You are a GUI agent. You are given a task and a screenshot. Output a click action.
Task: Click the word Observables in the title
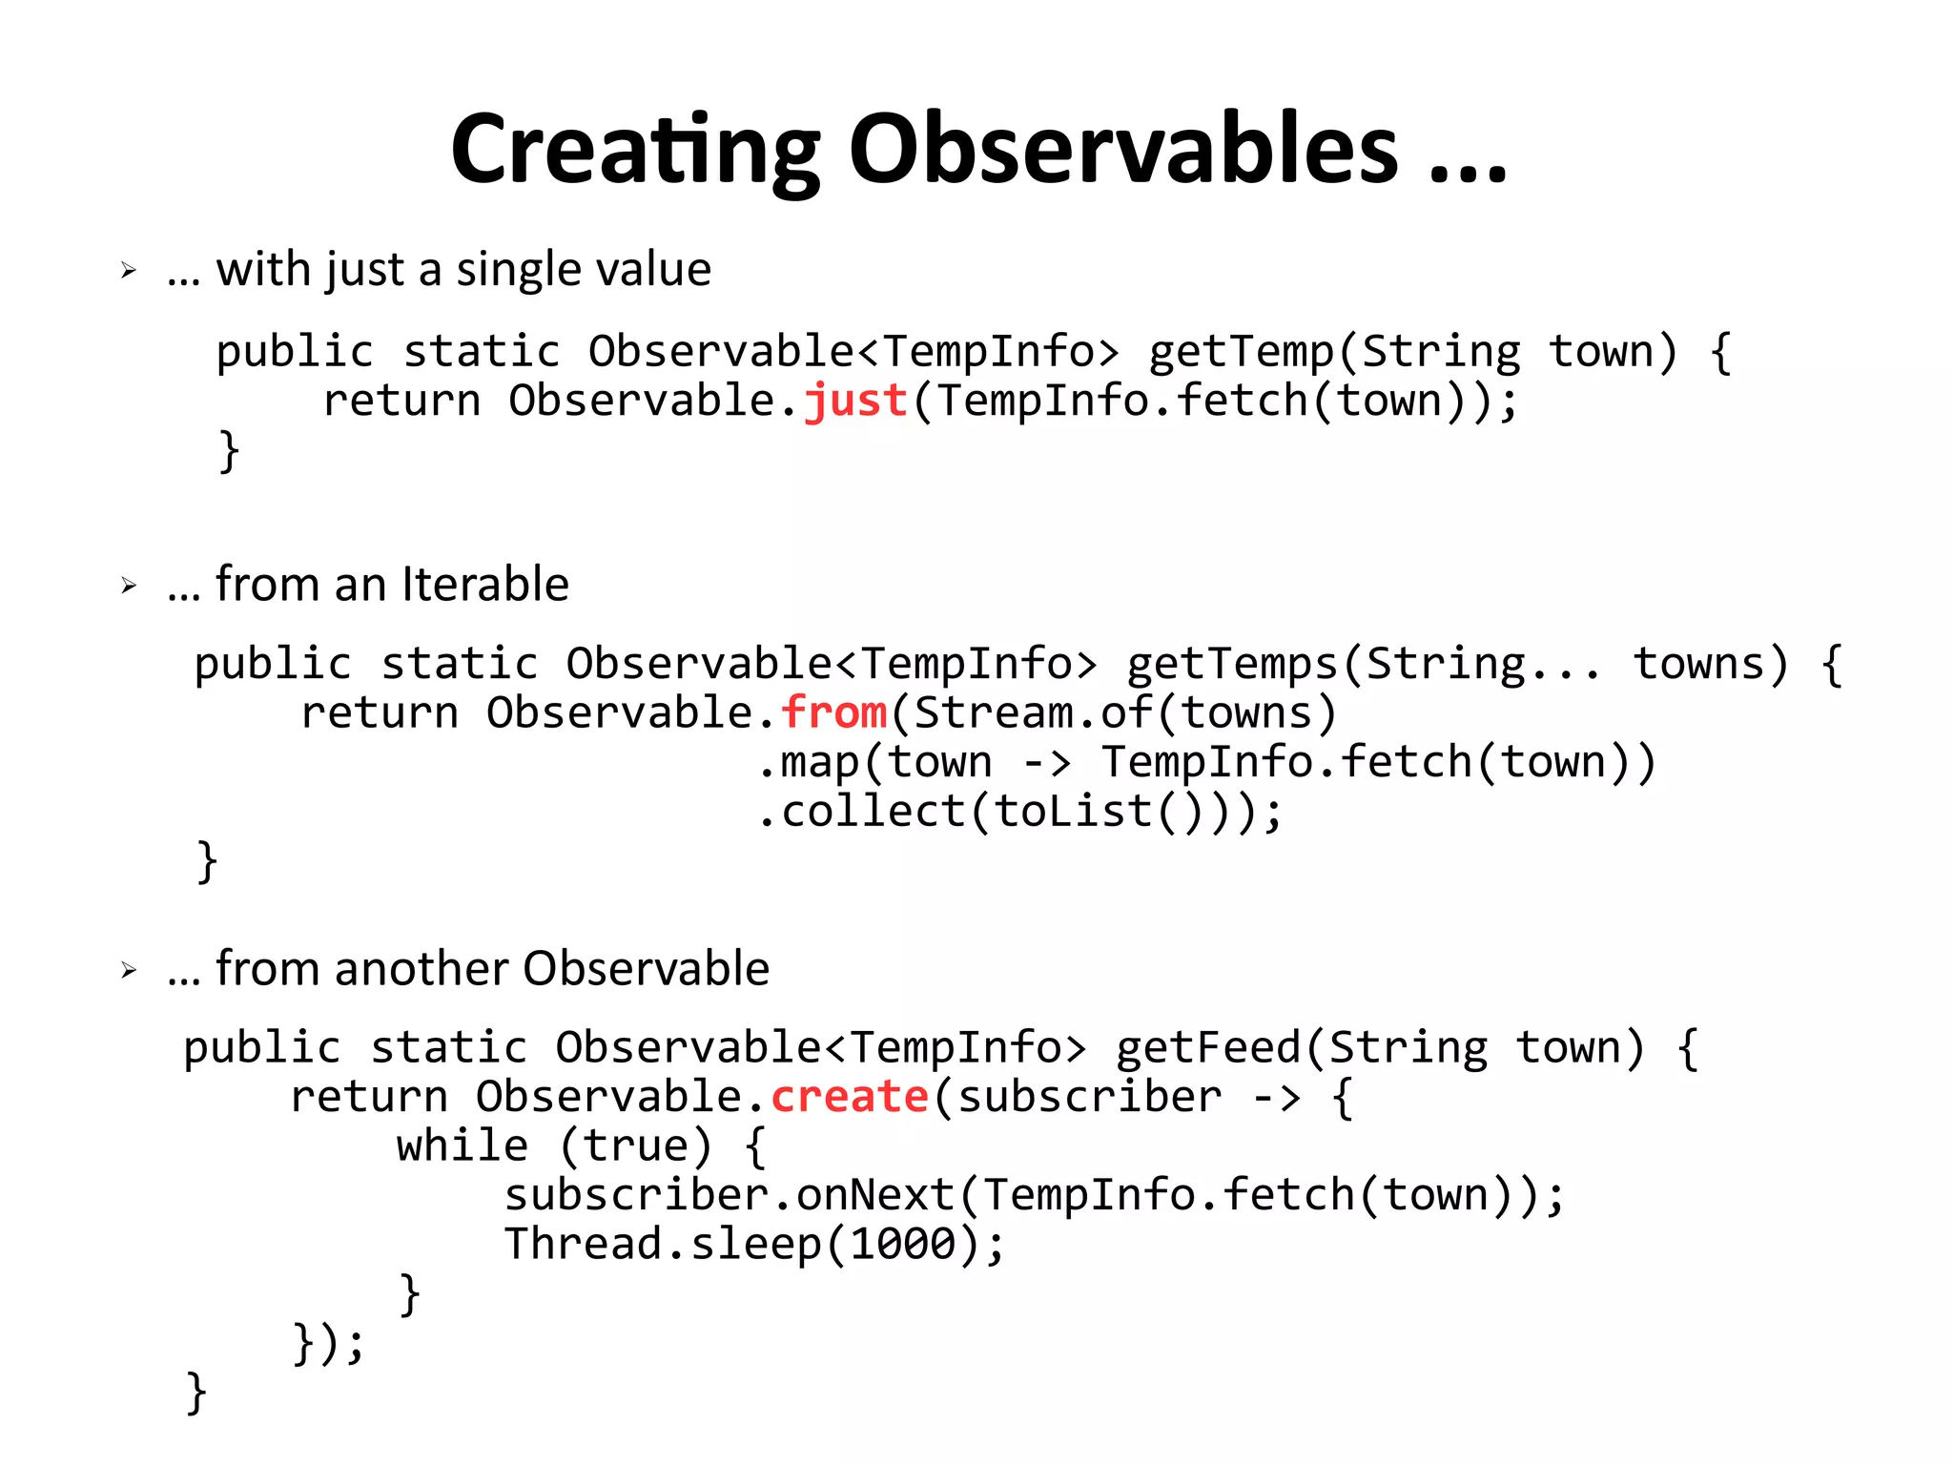pyautogui.click(x=1123, y=151)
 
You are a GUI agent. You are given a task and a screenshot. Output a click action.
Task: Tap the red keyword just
pyautogui.click(x=855, y=401)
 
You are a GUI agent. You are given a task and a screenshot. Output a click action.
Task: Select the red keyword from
pyautogui.click(x=834, y=712)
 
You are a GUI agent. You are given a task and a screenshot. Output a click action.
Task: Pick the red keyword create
pyautogui.click(x=850, y=1097)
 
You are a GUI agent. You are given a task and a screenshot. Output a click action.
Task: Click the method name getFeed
pyautogui.click(x=1208, y=1048)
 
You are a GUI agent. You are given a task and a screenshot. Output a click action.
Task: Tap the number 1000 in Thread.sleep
pyautogui.click(x=902, y=1244)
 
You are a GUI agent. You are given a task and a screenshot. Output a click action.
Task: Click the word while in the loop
pyautogui.click(x=463, y=1145)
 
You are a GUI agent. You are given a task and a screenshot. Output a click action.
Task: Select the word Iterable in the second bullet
pyautogui.click(x=485, y=584)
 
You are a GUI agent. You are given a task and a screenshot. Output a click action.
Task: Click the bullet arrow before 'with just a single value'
pyautogui.click(x=130, y=271)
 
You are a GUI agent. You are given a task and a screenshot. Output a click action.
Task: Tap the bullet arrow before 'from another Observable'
pyautogui.click(x=130, y=971)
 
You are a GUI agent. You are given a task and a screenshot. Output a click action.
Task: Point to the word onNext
pyautogui.click(x=875, y=1195)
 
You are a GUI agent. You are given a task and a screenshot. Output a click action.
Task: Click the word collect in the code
pyautogui.click(x=874, y=812)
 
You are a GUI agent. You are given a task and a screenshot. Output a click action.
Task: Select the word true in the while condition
pyautogui.click(x=635, y=1145)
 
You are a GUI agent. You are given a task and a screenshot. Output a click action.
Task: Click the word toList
pyautogui.click(x=1074, y=812)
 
